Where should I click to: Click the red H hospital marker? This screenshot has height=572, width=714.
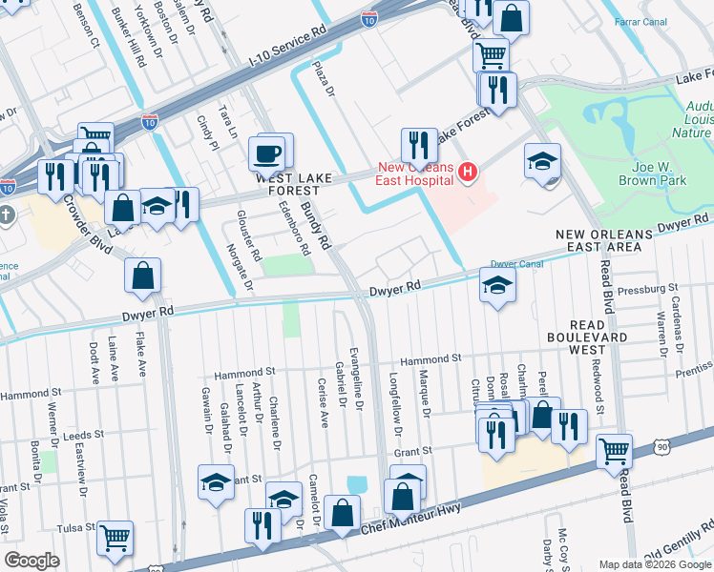point(468,172)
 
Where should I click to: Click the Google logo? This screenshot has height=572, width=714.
point(31,561)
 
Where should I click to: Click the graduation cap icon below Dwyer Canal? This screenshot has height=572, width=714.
point(496,285)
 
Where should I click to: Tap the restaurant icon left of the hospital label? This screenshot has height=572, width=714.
point(418,144)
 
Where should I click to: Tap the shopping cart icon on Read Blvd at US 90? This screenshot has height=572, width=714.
point(614,450)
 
